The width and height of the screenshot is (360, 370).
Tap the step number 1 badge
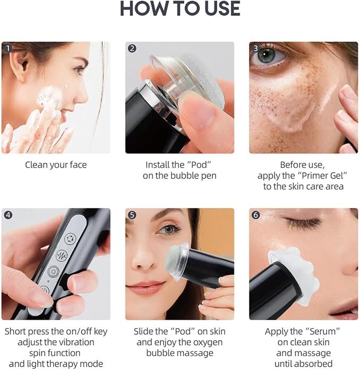[8, 48]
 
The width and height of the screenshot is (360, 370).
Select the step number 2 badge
[132, 48]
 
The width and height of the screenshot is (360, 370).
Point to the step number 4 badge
[8, 215]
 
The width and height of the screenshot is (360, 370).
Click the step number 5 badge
[132, 215]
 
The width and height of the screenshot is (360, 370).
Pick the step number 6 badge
[256, 215]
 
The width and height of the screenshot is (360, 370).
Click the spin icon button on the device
[71, 239]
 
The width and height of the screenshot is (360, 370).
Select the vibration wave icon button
[62, 256]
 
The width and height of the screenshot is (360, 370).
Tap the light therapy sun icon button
[54, 271]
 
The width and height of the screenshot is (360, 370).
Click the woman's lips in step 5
[144, 287]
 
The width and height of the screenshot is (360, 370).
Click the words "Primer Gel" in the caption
[322, 175]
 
